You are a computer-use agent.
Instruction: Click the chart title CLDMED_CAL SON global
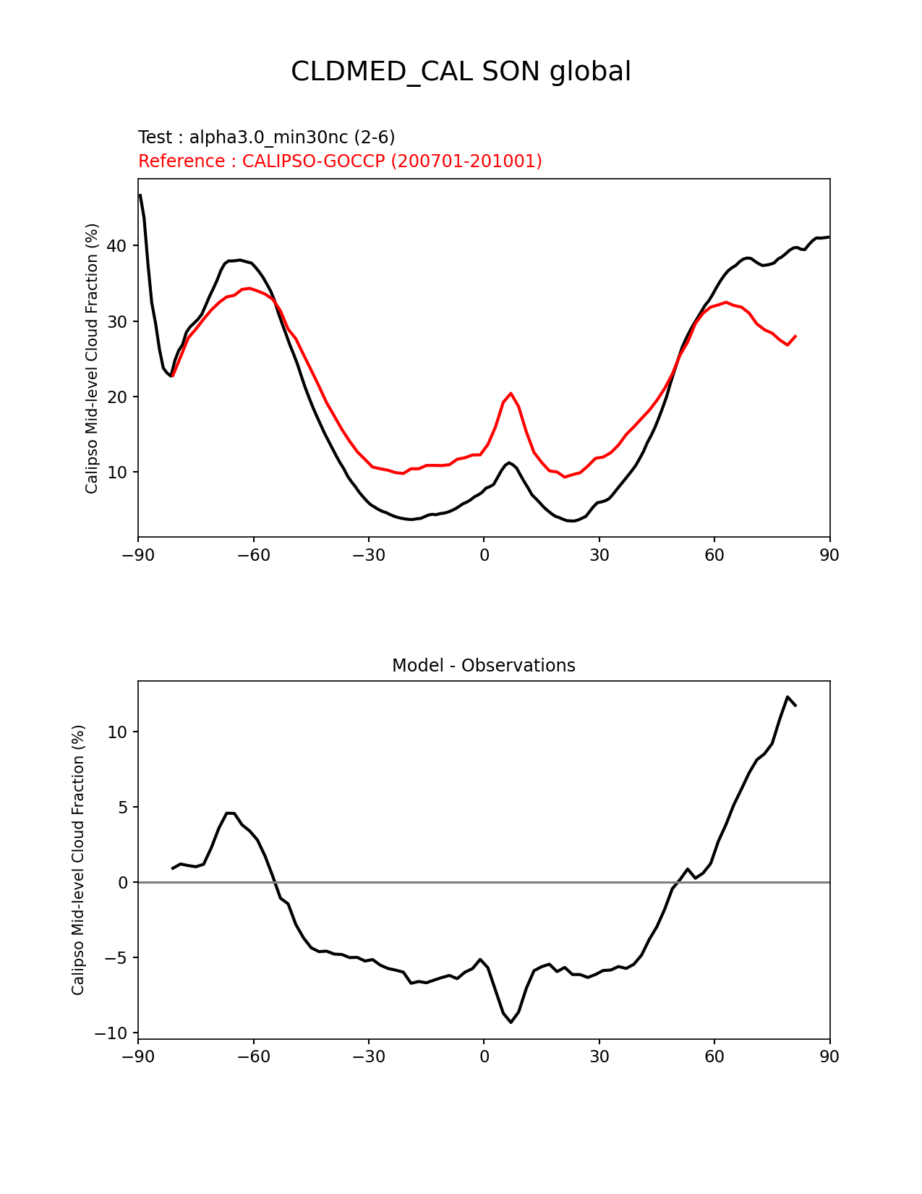(461, 72)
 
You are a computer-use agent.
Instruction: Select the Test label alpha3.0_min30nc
(266, 137)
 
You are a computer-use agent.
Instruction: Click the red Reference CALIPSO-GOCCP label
(340, 161)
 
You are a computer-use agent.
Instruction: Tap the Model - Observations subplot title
(483, 666)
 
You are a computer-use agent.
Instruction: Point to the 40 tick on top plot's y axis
(116, 246)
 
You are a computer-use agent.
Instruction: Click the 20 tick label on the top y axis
(116, 397)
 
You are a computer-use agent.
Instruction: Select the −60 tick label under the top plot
(253, 555)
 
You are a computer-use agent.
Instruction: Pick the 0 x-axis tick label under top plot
(484, 555)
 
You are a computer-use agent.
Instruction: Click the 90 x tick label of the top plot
(829, 555)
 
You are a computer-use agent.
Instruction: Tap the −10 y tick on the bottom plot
(111, 1033)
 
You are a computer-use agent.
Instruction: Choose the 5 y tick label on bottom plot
(122, 808)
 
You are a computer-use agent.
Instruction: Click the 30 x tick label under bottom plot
(599, 1057)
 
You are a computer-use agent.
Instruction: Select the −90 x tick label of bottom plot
(138, 1057)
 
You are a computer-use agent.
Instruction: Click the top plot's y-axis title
(92, 358)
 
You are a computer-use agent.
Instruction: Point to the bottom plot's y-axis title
(78, 860)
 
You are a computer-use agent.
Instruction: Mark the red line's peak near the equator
(511, 393)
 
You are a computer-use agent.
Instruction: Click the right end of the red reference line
(795, 336)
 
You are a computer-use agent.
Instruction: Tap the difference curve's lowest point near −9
(511, 1022)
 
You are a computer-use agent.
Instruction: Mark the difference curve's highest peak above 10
(787, 697)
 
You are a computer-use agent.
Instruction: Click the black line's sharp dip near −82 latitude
(171, 376)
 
